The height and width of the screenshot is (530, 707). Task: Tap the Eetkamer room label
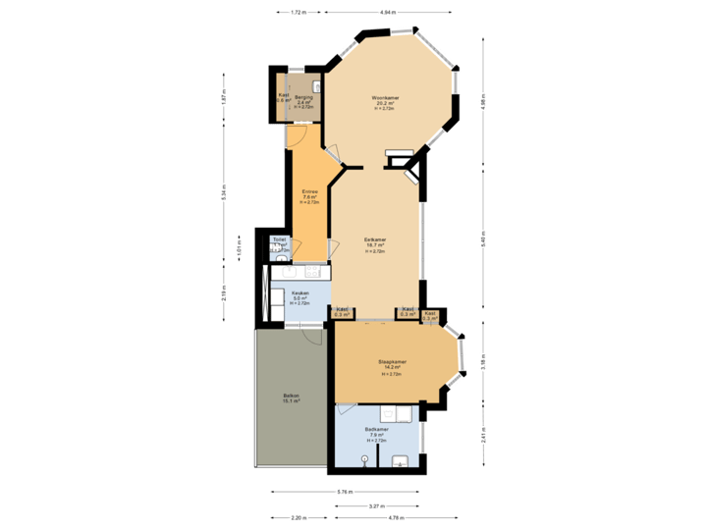(x=374, y=239)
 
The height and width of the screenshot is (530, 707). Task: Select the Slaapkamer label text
(x=393, y=362)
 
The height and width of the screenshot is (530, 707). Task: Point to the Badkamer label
(x=377, y=430)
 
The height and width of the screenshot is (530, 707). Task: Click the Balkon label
(x=291, y=396)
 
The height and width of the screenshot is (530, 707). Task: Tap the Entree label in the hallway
(x=309, y=191)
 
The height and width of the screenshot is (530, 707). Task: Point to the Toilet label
(x=279, y=238)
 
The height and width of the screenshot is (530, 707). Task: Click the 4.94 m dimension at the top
(x=387, y=12)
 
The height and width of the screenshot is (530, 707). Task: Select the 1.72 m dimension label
(x=299, y=12)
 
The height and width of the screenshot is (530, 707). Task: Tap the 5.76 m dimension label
(x=345, y=491)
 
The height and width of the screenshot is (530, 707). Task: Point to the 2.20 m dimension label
(x=298, y=517)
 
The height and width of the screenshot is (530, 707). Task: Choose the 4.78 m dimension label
(x=396, y=517)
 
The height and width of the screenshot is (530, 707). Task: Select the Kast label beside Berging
(x=283, y=97)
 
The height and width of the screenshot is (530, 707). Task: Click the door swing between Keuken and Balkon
(x=312, y=337)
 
